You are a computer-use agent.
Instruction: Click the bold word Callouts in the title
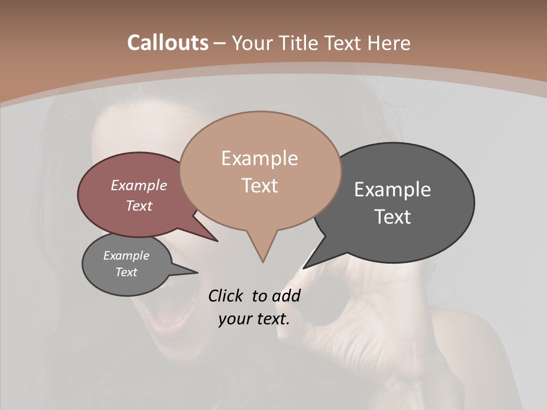tap(168, 43)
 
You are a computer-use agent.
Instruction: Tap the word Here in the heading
tap(389, 43)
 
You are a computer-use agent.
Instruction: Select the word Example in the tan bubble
tap(259, 158)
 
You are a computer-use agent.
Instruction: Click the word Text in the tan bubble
tap(259, 186)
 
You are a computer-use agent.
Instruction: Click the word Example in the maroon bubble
tap(139, 185)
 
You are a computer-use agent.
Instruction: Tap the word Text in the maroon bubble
tap(139, 206)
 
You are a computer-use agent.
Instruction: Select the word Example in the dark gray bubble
tap(393, 190)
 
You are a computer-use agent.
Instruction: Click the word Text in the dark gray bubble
tap(393, 217)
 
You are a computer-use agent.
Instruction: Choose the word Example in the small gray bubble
tap(126, 256)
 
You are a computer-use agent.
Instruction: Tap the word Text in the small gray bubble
tap(126, 272)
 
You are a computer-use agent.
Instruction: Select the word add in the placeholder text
tap(286, 296)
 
